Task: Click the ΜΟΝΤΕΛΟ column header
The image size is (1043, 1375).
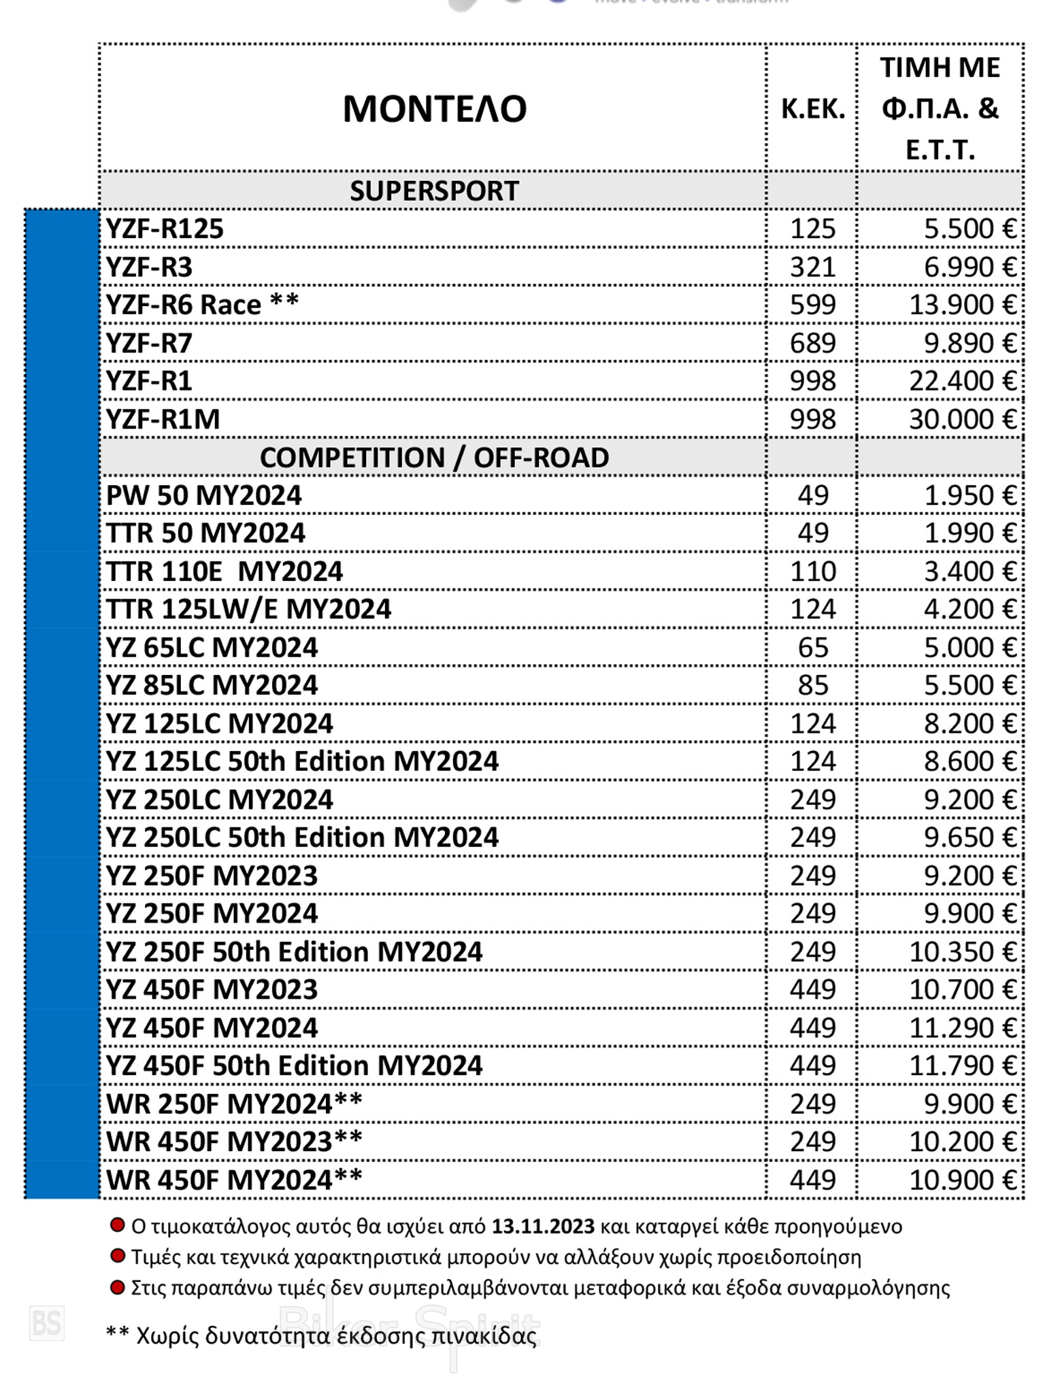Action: (x=434, y=109)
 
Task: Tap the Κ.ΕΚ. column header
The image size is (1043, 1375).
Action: (x=812, y=109)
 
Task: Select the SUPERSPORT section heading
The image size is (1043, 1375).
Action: (x=434, y=191)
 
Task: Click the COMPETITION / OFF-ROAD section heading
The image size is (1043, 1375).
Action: (x=434, y=458)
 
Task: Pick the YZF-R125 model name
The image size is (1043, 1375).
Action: (x=165, y=229)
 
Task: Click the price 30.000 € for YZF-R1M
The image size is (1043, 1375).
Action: (x=962, y=420)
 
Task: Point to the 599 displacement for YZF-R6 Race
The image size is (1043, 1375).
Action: (x=812, y=305)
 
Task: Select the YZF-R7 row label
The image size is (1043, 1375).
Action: (x=149, y=344)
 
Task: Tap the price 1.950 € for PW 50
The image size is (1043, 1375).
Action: (x=969, y=496)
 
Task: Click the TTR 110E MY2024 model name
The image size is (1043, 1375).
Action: (x=225, y=572)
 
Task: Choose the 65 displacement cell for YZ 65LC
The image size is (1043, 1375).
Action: (x=812, y=648)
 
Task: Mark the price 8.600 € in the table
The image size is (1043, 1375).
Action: (x=969, y=762)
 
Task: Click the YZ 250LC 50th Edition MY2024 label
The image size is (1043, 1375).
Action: (x=302, y=838)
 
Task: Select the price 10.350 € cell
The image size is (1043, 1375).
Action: (x=962, y=952)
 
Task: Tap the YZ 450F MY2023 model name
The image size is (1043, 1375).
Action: (x=212, y=990)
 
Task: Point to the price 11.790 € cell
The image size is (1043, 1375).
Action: (x=962, y=1066)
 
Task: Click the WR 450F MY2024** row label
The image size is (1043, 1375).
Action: (x=234, y=1180)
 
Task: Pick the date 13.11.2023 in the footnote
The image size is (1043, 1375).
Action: (x=543, y=1227)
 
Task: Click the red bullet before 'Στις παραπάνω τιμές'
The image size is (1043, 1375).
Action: (x=117, y=1287)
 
